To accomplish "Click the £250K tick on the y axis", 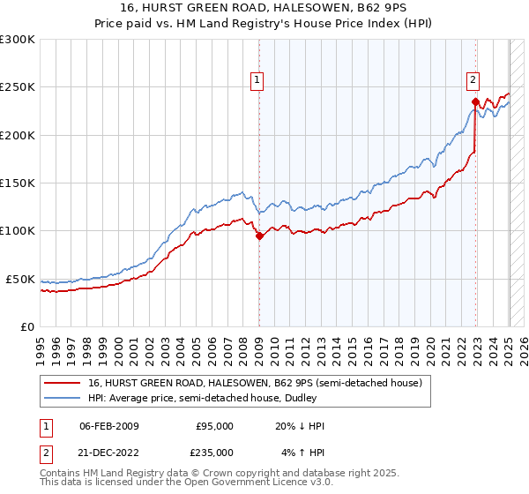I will [18, 87].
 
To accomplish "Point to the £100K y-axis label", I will [18, 230].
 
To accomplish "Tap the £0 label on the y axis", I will [26, 326].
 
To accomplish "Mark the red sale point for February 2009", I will [259, 236].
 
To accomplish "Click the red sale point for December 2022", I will [475, 101].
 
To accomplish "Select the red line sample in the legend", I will [63, 383].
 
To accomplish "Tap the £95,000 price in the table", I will [213, 426].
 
